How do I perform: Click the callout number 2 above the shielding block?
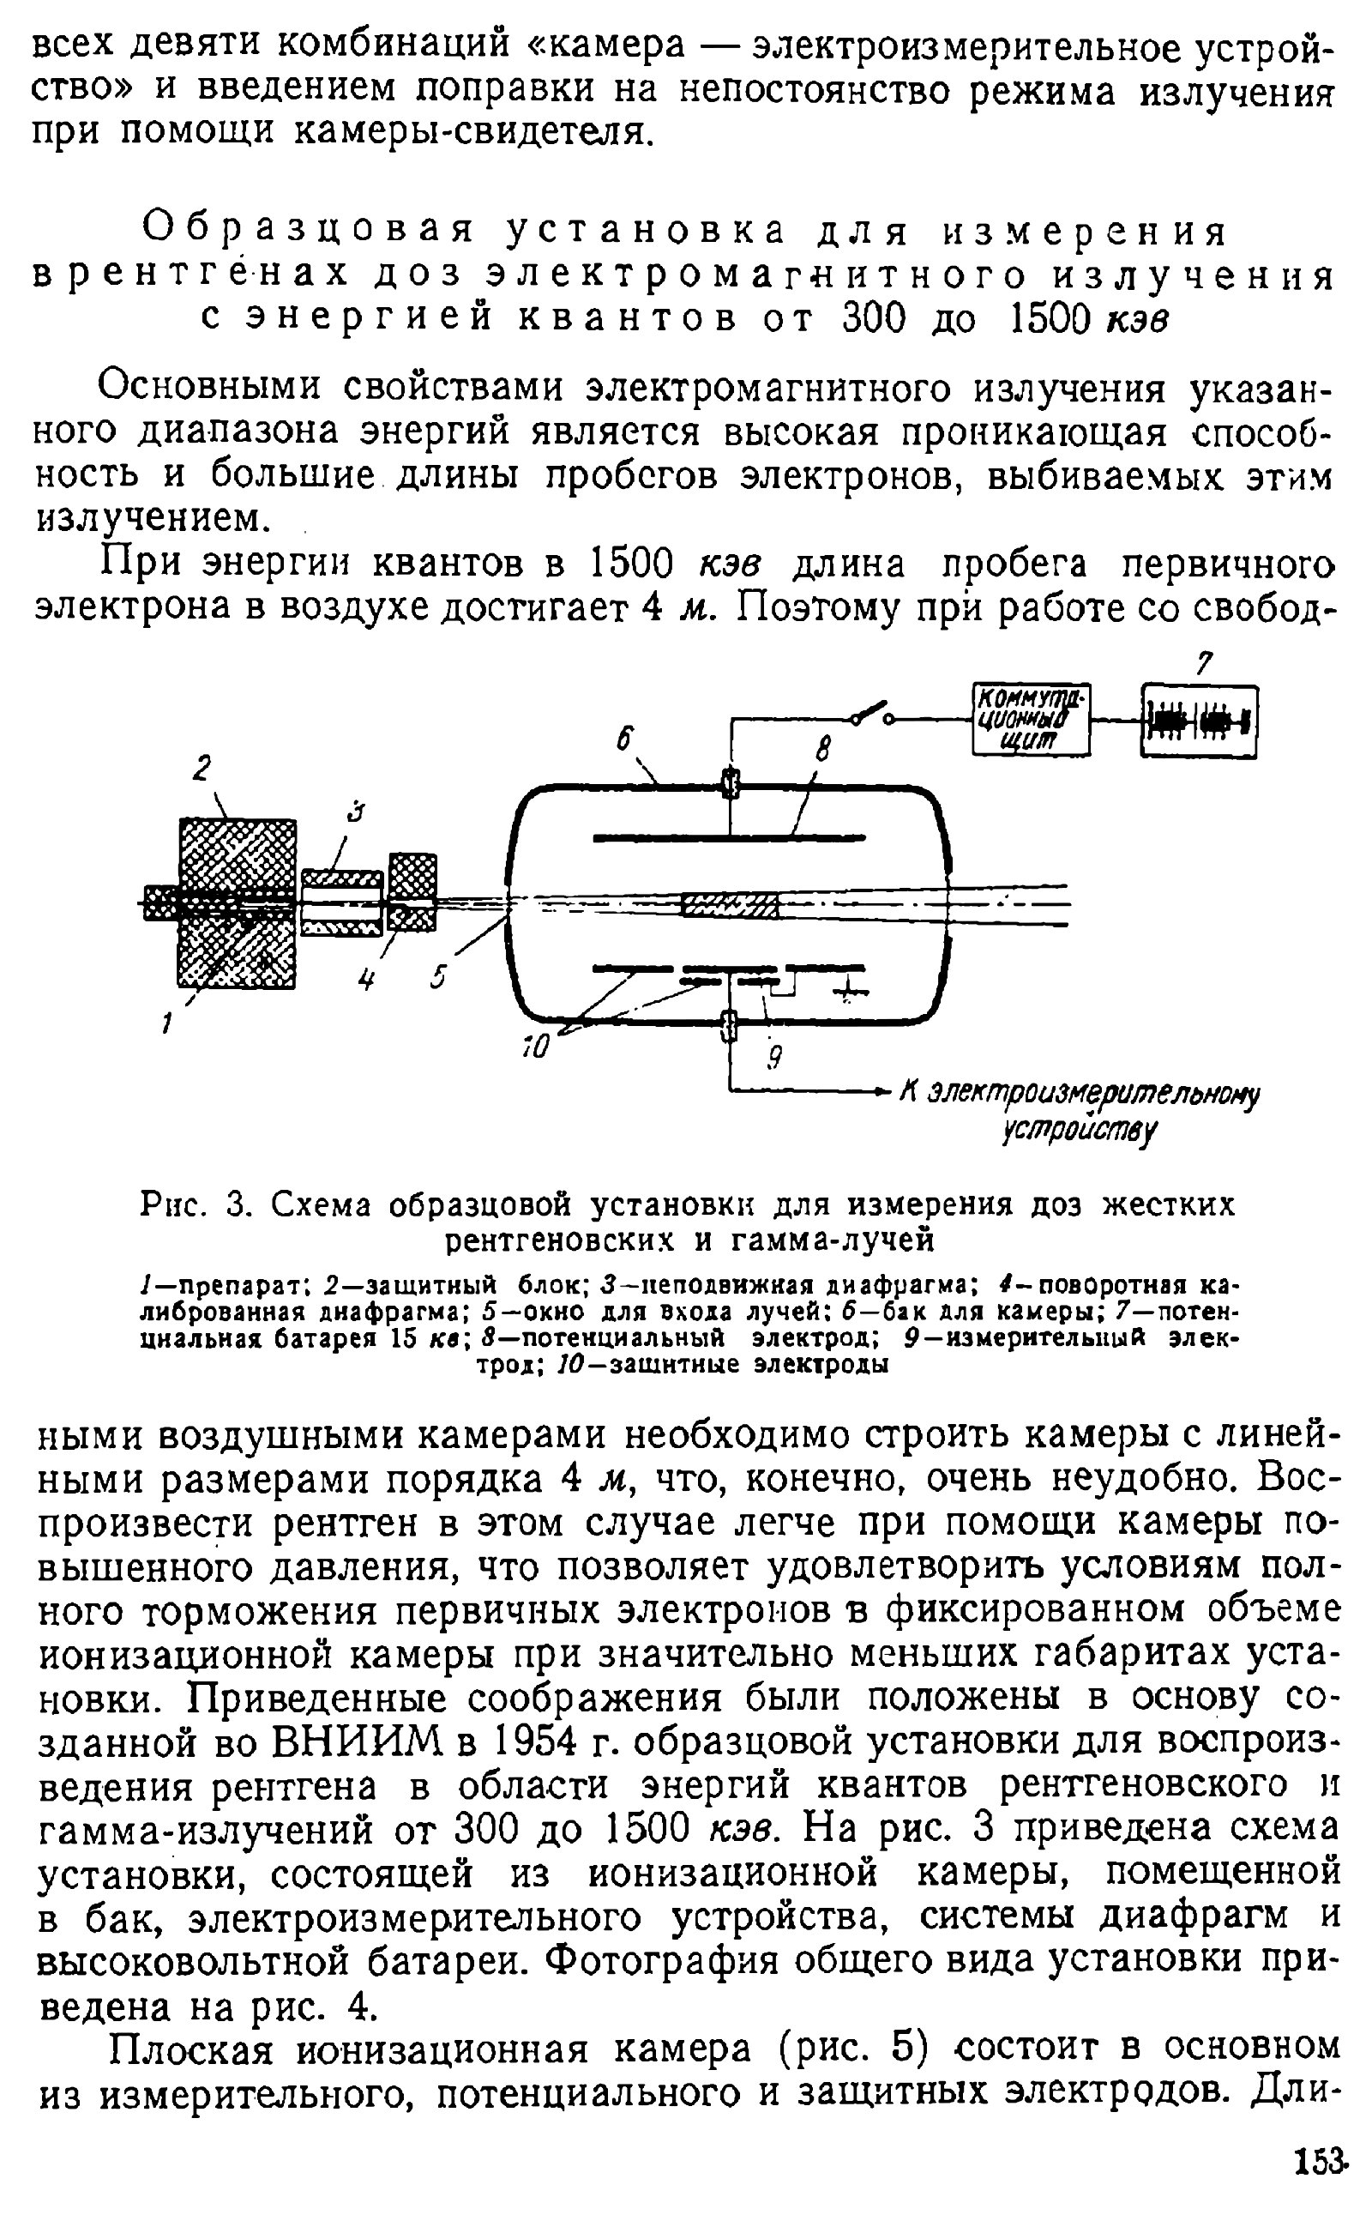[x=202, y=769]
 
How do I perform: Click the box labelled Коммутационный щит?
[x=1031, y=720]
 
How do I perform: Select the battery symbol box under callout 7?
[x=1199, y=721]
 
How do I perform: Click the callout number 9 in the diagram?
[x=774, y=1058]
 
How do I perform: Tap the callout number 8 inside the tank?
[x=822, y=751]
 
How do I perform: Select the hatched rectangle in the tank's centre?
[x=729, y=906]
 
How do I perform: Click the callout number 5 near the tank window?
[x=439, y=977]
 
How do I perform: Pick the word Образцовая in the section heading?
[x=310, y=232]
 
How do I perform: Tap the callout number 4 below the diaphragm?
[x=367, y=980]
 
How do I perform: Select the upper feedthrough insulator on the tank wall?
[x=730, y=782]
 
